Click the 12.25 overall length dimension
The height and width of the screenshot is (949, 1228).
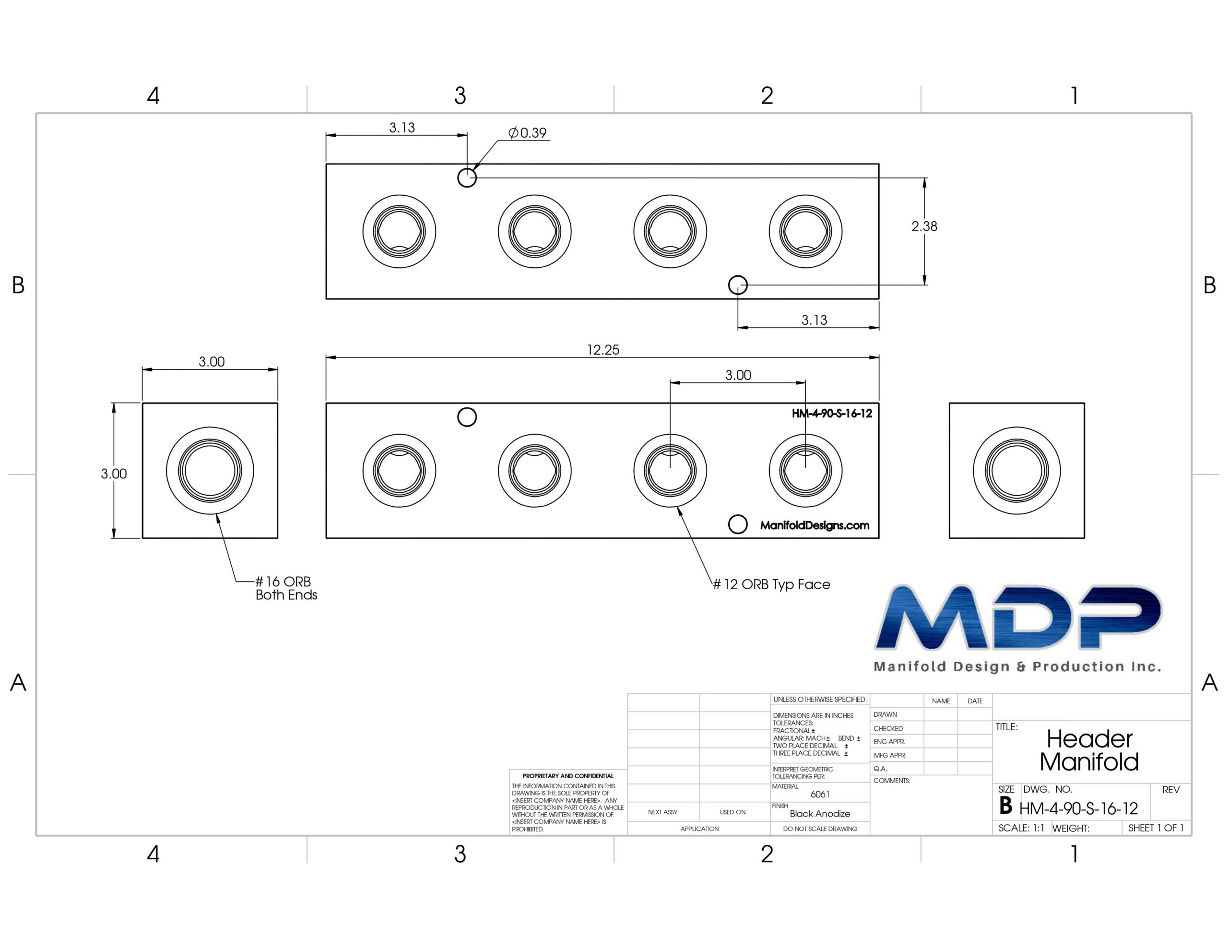603,350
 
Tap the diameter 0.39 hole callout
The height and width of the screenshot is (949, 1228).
527,133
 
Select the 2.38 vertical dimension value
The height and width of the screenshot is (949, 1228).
924,226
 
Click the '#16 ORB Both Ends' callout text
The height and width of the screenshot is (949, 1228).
286,588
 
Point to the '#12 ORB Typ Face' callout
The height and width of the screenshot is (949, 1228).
771,584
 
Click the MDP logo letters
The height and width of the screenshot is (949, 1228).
1018,617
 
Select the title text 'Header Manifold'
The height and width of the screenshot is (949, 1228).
1089,750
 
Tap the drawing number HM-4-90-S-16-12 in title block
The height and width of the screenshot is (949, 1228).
1078,809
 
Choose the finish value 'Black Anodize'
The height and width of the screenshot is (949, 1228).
820,813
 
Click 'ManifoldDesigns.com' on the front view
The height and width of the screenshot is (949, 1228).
815,525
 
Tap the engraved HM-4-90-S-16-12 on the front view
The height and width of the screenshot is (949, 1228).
832,414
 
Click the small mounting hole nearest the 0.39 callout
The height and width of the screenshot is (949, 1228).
467,178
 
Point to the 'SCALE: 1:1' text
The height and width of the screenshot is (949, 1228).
1021,828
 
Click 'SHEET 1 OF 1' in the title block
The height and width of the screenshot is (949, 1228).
1156,828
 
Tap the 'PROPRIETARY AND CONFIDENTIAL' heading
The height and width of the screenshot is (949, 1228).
568,776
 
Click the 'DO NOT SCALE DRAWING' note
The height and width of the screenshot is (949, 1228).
820,829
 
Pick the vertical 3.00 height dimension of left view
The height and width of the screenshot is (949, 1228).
114,474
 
